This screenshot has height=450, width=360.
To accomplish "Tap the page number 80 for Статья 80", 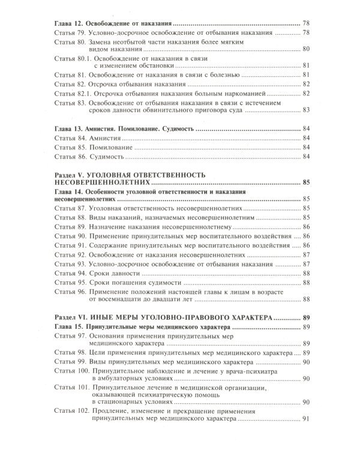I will pyautogui.click(x=306, y=49).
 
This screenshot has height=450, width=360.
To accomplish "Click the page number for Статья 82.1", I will pyautogui.click(x=306, y=93).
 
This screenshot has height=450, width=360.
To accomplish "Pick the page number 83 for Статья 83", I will pyautogui.click(x=306, y=110).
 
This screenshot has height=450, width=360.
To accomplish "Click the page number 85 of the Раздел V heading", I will pyautogui.click(x=306, y=182).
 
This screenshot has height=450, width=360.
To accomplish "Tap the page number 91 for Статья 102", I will pyautogui.click(x=306, y=419).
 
